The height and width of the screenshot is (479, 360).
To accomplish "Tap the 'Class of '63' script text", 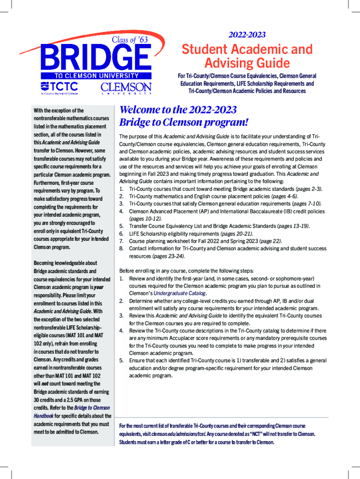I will point(129,40).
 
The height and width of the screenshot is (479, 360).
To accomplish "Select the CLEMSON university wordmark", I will point(126,88).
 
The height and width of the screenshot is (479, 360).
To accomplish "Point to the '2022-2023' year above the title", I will point(247,35).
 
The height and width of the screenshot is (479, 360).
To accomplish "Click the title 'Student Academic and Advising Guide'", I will point(247,56).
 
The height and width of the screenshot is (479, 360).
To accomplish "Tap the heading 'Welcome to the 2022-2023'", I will point(178,110).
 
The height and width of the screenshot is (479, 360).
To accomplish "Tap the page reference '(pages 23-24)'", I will point(169,256).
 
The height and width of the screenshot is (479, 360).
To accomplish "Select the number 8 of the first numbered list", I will point(122,248).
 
